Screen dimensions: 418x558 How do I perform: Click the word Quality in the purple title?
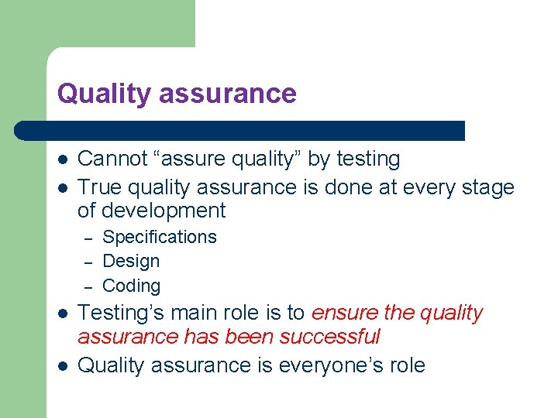point(104,94)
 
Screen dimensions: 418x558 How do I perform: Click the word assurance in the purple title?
point(227,94)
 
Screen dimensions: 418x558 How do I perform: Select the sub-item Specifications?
point(160,237)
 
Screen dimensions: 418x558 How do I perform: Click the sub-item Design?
point(131,262)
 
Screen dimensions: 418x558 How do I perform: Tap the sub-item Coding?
point(132,286)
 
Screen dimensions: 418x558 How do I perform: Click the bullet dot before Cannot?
point(62,160)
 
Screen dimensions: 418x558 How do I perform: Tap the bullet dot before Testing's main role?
point(62,314)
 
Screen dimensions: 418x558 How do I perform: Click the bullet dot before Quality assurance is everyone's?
point(62,366)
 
